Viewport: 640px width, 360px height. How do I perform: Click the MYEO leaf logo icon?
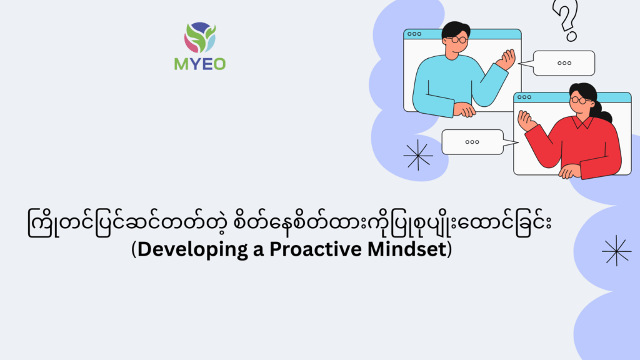pos(200,37)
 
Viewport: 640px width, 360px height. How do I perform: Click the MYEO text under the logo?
pos(200,64)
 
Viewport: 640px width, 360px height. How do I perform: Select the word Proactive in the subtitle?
pos(315,249)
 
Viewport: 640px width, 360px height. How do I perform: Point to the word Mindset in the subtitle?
pos(406,249)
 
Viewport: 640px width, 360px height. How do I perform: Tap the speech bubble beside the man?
pos(564,63)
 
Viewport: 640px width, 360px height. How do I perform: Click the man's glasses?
pos(457,39)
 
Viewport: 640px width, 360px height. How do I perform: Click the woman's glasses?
pos(579,100)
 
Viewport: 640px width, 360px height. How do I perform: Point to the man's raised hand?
pos(506,59)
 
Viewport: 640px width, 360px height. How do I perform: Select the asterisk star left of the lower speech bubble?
pos(418,155)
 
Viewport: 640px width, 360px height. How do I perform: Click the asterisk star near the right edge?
pos(616,251)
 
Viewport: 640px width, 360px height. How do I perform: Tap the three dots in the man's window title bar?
pos(414,34)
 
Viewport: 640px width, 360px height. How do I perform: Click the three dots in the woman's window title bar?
pos(524,97)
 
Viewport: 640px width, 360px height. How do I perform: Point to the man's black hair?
pos(455,29)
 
